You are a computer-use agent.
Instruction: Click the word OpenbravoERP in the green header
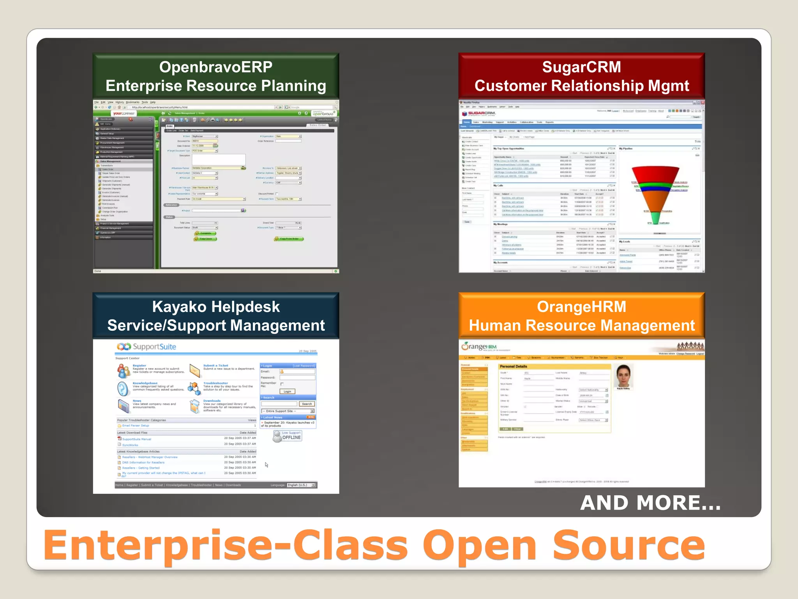point(215,67)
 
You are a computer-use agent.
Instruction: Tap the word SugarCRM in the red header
point(581,67)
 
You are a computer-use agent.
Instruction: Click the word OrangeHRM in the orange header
point(581,307)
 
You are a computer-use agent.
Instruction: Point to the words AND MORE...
point(650,503)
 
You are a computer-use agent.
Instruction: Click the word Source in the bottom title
point(628,546)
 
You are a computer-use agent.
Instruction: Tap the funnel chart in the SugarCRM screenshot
point(655,195)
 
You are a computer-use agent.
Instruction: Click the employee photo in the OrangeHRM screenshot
point(623,376)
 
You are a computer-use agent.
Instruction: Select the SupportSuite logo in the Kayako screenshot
point(147,347)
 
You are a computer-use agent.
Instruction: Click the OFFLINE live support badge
point(288,436)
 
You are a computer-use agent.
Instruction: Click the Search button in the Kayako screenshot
point(307,404)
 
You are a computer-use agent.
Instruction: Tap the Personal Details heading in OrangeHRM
point(513,367)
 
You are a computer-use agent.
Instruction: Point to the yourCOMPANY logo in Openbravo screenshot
point(124,113)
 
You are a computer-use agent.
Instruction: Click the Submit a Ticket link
point(215,365)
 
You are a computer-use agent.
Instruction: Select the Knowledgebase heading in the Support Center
point(145,383)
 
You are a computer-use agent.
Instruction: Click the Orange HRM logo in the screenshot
point(478,347)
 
